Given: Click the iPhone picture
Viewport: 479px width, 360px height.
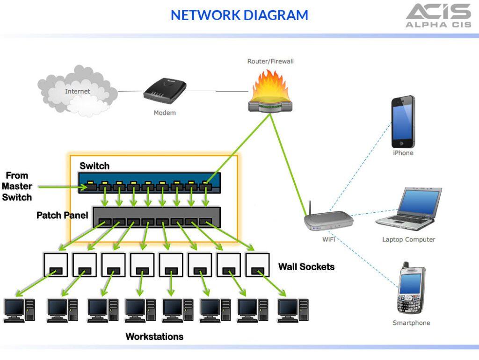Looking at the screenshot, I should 403,122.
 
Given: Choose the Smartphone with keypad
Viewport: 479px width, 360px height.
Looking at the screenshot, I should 411,289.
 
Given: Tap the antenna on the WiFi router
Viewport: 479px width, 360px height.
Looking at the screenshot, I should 309,208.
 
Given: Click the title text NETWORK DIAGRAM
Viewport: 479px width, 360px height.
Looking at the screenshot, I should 239,15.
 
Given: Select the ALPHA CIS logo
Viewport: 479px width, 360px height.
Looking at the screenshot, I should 438,15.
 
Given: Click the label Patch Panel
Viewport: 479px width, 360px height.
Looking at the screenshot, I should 62,216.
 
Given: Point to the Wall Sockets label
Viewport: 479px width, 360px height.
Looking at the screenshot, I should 306,266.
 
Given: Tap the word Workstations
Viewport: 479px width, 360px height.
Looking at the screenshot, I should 154,337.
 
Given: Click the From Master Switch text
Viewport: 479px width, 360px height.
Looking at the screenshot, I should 17,186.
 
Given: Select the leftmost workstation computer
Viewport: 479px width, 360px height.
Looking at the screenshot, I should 19,310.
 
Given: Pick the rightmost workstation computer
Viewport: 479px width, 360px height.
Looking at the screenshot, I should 293,310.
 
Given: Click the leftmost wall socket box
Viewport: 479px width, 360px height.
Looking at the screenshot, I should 56,265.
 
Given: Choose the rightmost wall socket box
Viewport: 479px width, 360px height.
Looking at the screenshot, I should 258,265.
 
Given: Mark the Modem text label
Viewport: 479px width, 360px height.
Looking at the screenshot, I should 165,113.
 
